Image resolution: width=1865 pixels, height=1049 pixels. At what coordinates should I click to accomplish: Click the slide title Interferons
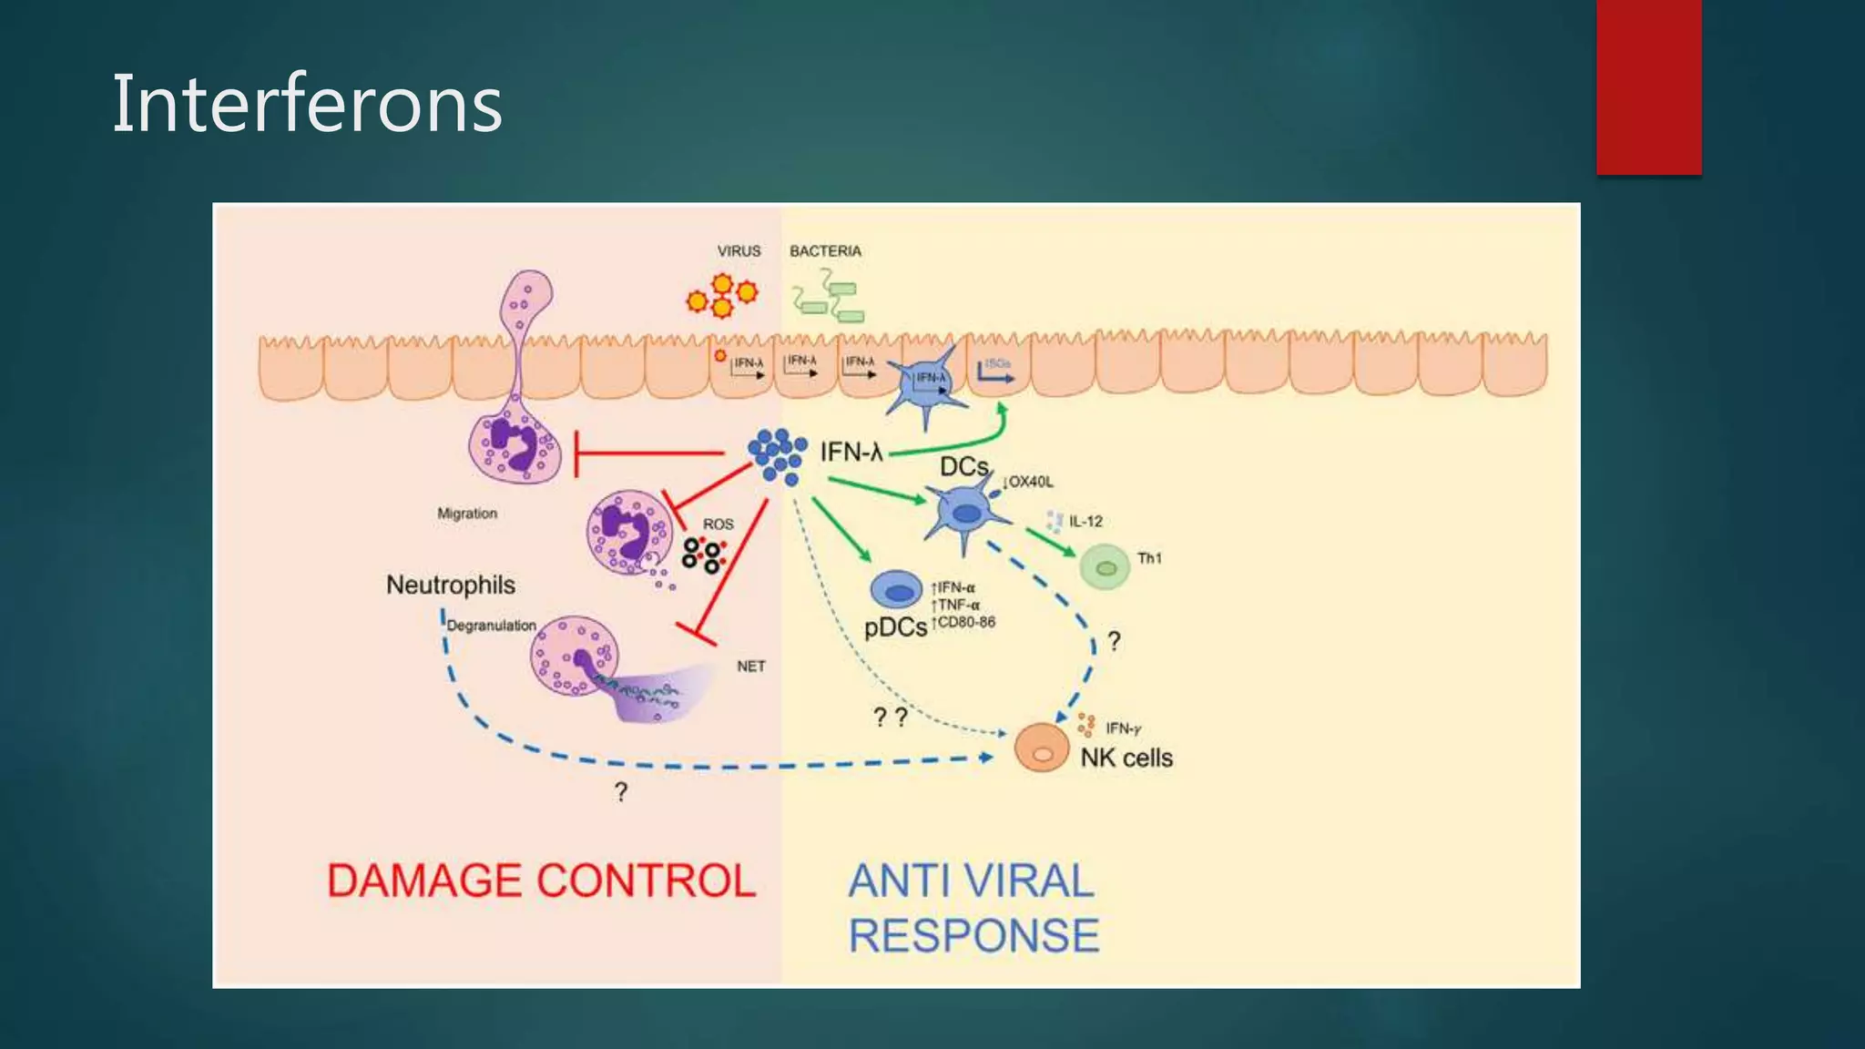click(307, 104)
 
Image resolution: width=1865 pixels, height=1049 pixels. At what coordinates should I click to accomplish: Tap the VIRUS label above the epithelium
click(739, 251)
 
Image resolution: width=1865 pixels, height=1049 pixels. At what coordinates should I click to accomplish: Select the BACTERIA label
click(825, 251)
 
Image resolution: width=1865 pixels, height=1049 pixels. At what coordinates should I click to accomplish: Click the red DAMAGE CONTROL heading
click(542, 881)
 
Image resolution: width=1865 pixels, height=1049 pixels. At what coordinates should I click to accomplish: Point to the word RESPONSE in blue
click(973, 936)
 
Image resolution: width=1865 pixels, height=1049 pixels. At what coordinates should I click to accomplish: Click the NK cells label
click(1126, 758)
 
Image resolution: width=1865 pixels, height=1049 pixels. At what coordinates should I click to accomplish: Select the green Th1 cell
click(1105, 567)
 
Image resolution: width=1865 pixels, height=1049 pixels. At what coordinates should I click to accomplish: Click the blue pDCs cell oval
click(897, 590)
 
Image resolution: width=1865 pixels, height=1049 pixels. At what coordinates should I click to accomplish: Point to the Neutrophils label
click(451, 585)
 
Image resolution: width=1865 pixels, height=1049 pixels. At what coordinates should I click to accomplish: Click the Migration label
click(467, 514)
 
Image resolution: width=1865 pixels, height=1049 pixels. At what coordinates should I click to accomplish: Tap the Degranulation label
click(492, 626)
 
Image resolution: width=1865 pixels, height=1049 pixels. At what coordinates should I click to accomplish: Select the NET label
click(750, 667)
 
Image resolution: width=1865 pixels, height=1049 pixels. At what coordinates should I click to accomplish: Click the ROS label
click(718, 524)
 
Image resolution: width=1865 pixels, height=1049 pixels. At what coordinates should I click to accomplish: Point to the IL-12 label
click(1085, 522)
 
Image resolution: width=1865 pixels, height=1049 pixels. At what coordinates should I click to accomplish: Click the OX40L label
click(1030, 482)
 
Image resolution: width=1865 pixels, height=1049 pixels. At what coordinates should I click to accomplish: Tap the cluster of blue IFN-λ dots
click(777, 456)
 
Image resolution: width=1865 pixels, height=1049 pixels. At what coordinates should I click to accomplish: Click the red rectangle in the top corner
click(1648, 87)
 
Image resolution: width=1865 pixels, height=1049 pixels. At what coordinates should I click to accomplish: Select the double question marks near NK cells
click(890, 718)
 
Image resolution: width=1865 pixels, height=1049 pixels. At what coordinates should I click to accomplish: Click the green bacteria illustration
click(828, 298)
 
